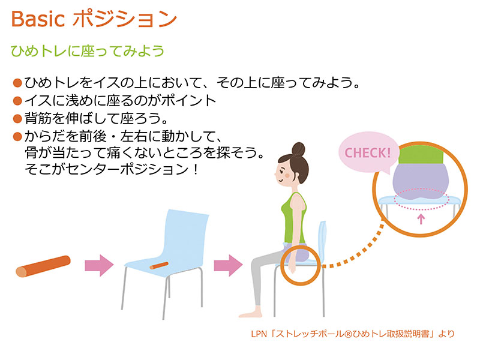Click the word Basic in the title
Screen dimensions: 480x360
[x=38, y=19]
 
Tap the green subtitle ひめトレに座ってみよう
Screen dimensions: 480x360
[x=88, y=51]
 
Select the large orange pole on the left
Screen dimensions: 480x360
[x=43, y=266]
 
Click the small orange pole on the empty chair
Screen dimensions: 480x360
[x=159, y=265]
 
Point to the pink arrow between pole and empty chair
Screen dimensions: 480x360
[x=99, y=265]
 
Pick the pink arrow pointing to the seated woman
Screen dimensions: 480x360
[x=228, y=265]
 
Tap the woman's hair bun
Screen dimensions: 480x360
[x=298, y=149]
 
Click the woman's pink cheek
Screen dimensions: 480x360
[x=287, y=176]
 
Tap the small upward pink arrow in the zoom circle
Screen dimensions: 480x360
[x=421, y=219]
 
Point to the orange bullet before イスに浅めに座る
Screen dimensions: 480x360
[x=17, y=101]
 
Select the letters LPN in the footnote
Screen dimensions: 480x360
[x=259, y=334]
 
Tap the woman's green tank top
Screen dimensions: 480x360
[x=293, y=218]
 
